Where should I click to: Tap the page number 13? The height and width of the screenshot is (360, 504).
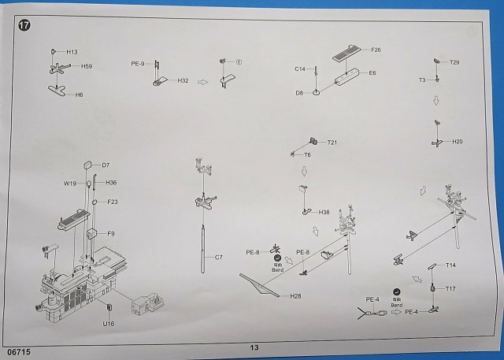click(254, 347)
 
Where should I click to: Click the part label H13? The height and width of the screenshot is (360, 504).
click(72, 52)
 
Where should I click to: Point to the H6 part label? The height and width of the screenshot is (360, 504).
click(79, 94)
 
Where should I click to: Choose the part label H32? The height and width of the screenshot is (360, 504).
click(183, 80)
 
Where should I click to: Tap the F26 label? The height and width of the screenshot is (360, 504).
click(375, 50)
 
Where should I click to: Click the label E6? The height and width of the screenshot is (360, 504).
click(372, 72)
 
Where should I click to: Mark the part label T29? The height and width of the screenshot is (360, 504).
click(454, 62)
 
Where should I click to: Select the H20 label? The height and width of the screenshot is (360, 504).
click(458, 142)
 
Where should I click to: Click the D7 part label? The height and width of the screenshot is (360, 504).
click(106, 165)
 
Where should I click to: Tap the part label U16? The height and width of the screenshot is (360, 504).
click(108, 323)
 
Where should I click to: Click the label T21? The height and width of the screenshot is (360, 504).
click(332, 142)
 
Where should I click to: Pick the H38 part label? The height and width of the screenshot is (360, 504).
click(324, 212)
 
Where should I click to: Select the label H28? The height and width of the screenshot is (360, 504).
click(295, 296)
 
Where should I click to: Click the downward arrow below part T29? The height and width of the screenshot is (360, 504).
click(436, 101)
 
